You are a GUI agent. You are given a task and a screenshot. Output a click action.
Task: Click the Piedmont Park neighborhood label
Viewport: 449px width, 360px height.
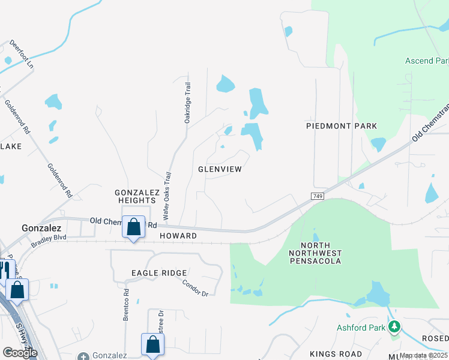(x=342, y=126)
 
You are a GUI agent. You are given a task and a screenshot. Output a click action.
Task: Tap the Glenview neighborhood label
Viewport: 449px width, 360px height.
(x=220, y=169)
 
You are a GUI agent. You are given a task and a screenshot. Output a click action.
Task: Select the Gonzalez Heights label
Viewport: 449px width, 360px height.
(x=137, y=197)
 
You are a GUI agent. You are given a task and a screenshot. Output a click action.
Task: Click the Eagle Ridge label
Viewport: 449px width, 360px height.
(x=159, y=273)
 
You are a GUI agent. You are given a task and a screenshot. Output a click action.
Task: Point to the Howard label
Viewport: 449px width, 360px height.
(x=178, y=236)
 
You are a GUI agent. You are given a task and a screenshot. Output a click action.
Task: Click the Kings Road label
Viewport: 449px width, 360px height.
(x=336, y=354)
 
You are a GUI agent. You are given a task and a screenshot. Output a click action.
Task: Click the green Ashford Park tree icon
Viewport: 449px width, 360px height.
(x=394, y=327)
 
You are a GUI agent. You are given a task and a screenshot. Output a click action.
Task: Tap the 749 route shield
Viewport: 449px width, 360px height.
(x=318, y=196)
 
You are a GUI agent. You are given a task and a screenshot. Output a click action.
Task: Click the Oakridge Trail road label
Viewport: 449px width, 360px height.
(x=188, y=103)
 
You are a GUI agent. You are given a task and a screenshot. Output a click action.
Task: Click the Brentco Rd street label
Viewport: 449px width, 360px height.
(x=127, y=305)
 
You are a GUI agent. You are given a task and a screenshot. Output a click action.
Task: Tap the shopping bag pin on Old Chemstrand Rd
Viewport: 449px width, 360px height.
(x=133, y=227)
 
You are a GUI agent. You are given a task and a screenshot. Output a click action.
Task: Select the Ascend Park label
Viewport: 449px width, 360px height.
(x=427, y=61)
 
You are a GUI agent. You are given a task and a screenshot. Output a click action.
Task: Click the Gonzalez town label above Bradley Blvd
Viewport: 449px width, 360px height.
(x=41, y=228)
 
